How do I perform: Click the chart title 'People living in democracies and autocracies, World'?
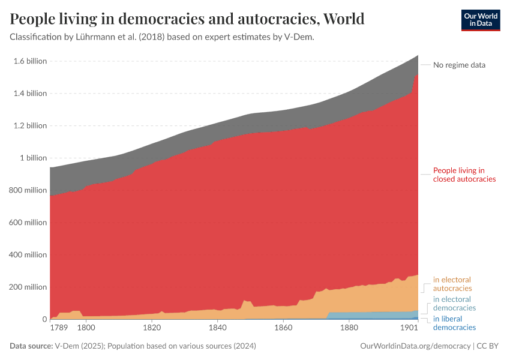click(x=187, y=19)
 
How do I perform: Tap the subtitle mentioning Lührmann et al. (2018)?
click(x=162, y=37)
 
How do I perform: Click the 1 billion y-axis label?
click(x=33, y=158)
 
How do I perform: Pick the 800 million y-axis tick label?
click(x=28, y=190)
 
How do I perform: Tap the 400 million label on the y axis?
click(x=28, y=255)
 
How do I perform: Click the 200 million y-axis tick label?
click(x=28, y=287)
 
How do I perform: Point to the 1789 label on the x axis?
click(x=59, y=328)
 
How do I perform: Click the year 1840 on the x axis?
click(x=217, y=328)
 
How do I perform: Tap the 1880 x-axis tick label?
click(x=349, y=328)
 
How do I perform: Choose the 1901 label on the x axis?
click(x=409, y=328)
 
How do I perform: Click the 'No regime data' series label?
click(x=459, y=65)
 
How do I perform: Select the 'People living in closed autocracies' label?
click(x=464, y=175)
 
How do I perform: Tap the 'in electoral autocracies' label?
click(x=452, y=284)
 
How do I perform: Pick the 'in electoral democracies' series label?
click(x=454, y=304)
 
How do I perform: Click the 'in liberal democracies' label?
click(x=454, y=323)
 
